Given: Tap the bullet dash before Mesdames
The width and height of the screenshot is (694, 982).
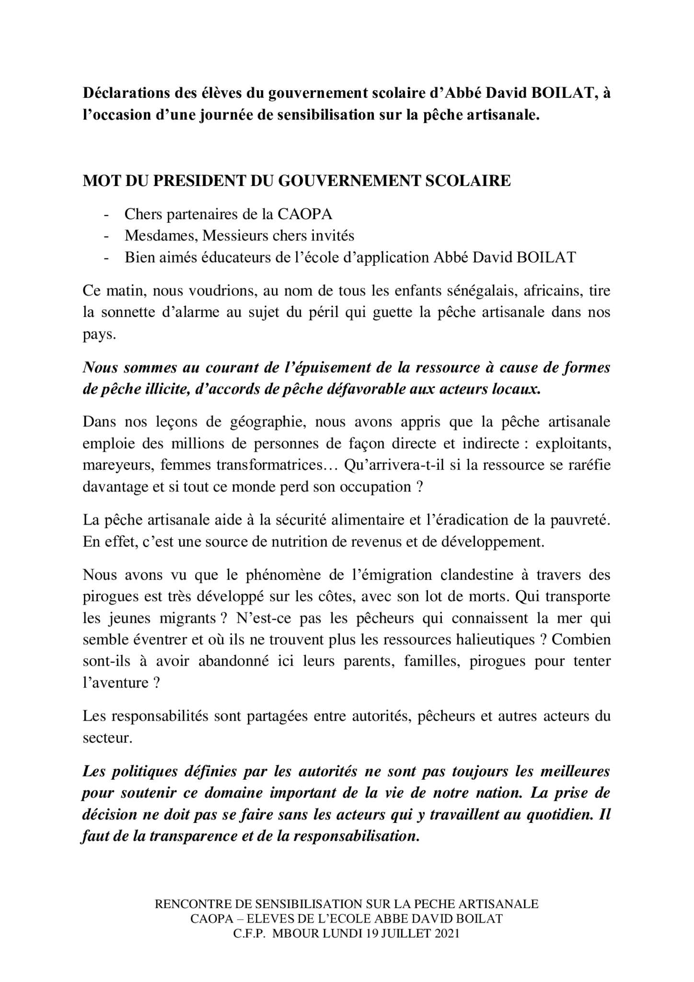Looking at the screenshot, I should pyautogui.click(x=106, y=236).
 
